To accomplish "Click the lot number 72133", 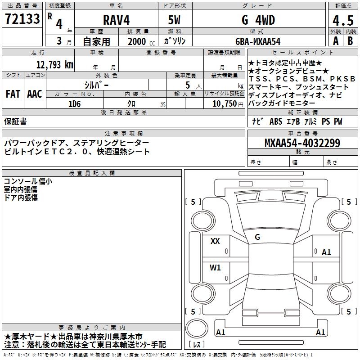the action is click(22, 19).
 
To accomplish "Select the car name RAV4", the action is click(116, 20).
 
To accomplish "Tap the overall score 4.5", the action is click(343, 21).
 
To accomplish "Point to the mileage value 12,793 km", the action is click(55, 64).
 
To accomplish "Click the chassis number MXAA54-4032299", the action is click(302, 143).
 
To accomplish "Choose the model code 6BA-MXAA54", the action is click(258, 41).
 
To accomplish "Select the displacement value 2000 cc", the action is click(141, 41).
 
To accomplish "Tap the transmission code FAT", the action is click(13, 94).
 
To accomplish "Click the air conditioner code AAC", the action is click(35, 94).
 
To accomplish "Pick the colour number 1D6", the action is click(75, 104).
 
